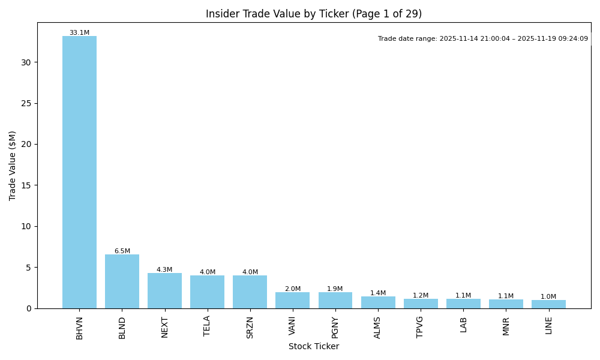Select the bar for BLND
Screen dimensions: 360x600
pyautogui.click(x=122, y=281)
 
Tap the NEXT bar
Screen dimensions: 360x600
pyautogui.click(x=164, y=291)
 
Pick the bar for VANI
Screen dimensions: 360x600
pyautogui.click(x=292, y=300)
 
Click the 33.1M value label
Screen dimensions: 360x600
pyautogui.click(x=79, y=33)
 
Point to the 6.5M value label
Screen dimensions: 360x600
pyautogui.click(x=122, y=251)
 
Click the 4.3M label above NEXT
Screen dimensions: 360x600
pyautogui.click(x=164, y=270)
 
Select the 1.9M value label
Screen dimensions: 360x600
pyautogui.click(x=335, y=289)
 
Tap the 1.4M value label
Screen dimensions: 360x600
pyautogui.click(x=378, y=293)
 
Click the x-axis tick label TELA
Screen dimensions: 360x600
pyautogui.click(x=207, y=326)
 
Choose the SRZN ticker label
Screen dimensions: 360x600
pyautogui.click(x=250, y=327)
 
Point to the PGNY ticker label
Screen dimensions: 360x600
pyautogui.click(x=335, y=328)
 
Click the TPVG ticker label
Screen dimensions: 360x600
pyautogui.click(x=420, y=327)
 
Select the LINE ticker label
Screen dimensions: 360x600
pyautogui.click(x=548, y=325)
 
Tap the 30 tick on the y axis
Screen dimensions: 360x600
pyautogui.click(x=26, y=62)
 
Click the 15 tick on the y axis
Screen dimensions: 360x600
pyautogui.click(x=26, y=185)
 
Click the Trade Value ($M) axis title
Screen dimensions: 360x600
pyautogui.click(x=13, y=166)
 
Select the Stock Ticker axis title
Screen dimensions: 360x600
pyautogui.click(x=314, y=347)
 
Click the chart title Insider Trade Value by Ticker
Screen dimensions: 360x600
pyautogui.click(x=314, y=14)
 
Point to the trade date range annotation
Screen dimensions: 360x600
pyautogui.click(x=483, y=39)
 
